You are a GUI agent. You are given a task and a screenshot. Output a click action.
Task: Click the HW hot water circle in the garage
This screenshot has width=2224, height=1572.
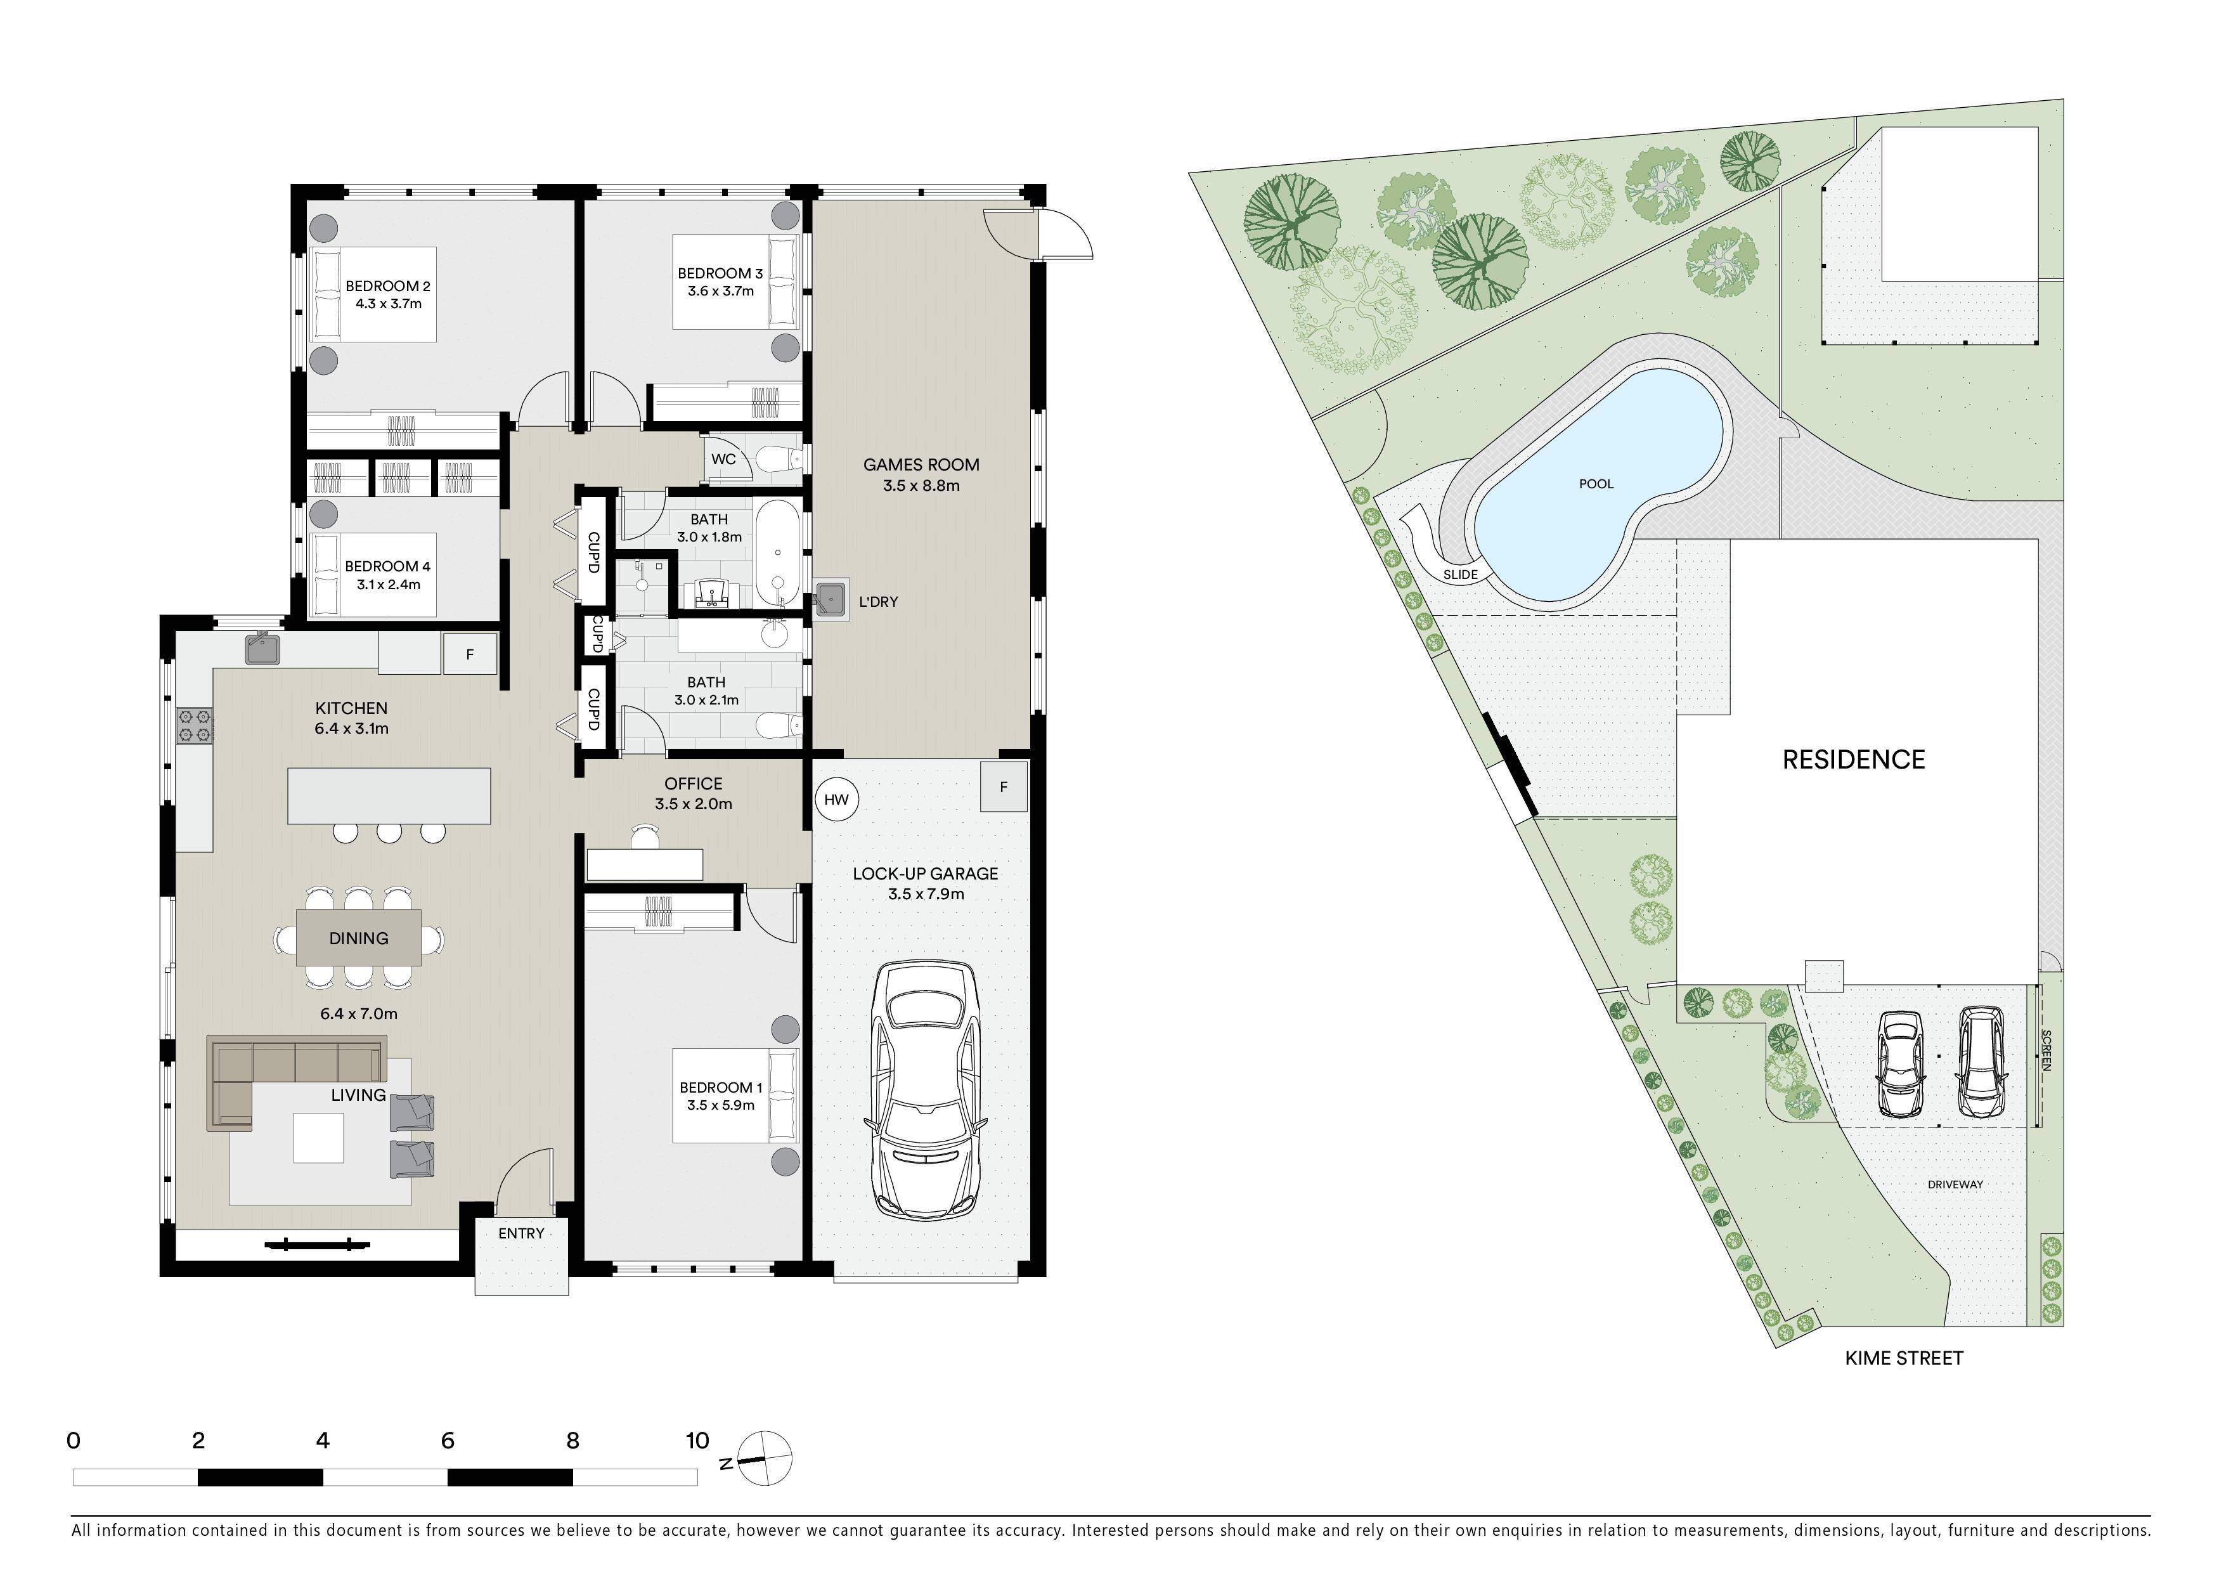coord(836,799)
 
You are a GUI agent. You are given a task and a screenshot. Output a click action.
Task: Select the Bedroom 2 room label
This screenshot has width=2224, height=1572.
coord(387,294)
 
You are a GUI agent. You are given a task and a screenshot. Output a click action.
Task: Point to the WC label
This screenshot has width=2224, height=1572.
coord(723,459)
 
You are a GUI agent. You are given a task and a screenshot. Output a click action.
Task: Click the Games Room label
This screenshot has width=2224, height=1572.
coord(921,474)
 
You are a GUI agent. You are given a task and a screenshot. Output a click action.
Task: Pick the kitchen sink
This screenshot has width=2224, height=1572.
coord(262,648)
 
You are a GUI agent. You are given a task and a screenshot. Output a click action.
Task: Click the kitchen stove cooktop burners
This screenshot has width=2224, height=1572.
coord(195,727)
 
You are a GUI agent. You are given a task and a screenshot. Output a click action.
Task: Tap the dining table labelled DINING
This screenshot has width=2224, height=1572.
coord(358,938)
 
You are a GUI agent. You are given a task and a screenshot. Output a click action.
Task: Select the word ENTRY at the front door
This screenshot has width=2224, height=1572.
coord(521,1233)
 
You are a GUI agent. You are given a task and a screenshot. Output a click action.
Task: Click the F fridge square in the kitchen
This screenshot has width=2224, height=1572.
coord(470,654)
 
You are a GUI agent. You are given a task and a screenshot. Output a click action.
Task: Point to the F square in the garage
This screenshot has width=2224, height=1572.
coord(1004,786)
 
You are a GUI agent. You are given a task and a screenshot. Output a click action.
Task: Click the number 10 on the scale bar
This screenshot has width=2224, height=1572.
coord(697,1440)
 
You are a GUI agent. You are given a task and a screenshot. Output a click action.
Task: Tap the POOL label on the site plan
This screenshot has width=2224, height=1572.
coord(1596,483)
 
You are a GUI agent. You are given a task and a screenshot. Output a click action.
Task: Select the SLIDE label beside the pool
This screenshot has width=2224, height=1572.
coord(1460,575)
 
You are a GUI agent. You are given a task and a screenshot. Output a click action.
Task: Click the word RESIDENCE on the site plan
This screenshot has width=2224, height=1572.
coord(1853,759)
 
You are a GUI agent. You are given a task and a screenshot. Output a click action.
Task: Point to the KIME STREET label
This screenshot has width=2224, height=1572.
coord(1903,1358)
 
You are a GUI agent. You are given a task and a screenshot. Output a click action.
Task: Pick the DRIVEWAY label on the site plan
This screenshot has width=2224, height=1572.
coord(1955,1185)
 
